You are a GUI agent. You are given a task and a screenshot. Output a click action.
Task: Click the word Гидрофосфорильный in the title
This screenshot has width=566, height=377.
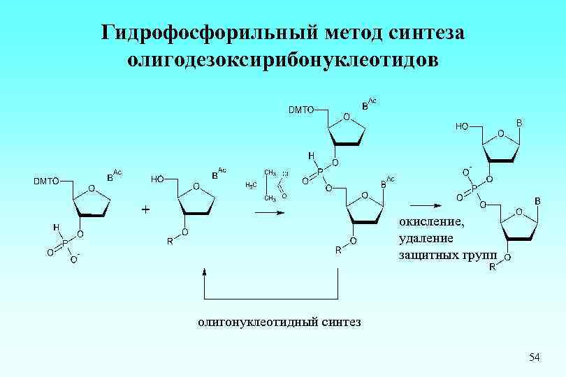pyautogui.click(x=197, y=33)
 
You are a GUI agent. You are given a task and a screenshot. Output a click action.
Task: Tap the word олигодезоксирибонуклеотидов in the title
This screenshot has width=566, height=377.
pyautogui.click(x=283, y=59)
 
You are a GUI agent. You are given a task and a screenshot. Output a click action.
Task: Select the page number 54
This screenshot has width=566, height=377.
pyautogui.click(x=535, y=357)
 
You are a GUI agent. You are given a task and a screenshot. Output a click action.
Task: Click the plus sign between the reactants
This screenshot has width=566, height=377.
pyautogui.click(x=146, y=208)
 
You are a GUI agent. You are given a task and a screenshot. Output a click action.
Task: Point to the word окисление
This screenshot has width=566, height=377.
pyautogui.click(x=430, y=222)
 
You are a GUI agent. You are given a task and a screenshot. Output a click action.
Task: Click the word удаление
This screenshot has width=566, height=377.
pyautogui.click(x=424, y=238)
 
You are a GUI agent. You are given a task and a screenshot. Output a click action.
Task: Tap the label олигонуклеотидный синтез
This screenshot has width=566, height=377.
pyautogui.click(x=279, y=322)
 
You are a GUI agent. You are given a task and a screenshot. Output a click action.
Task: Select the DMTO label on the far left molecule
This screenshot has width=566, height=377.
pyautogui.click(x=46, y=182)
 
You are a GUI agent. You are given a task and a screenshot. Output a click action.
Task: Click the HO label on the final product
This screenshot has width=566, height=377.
pyautogui.click(x=462, y=127)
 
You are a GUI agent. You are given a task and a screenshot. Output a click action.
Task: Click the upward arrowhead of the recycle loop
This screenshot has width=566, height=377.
pyautogui.click(x=205, y=272)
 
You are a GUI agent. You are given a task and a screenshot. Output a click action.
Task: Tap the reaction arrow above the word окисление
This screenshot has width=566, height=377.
pyautogui.click(x=425, y=205)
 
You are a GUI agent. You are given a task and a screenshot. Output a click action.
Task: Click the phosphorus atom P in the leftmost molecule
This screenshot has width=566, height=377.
pyautogui.click(x=64, y=244)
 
